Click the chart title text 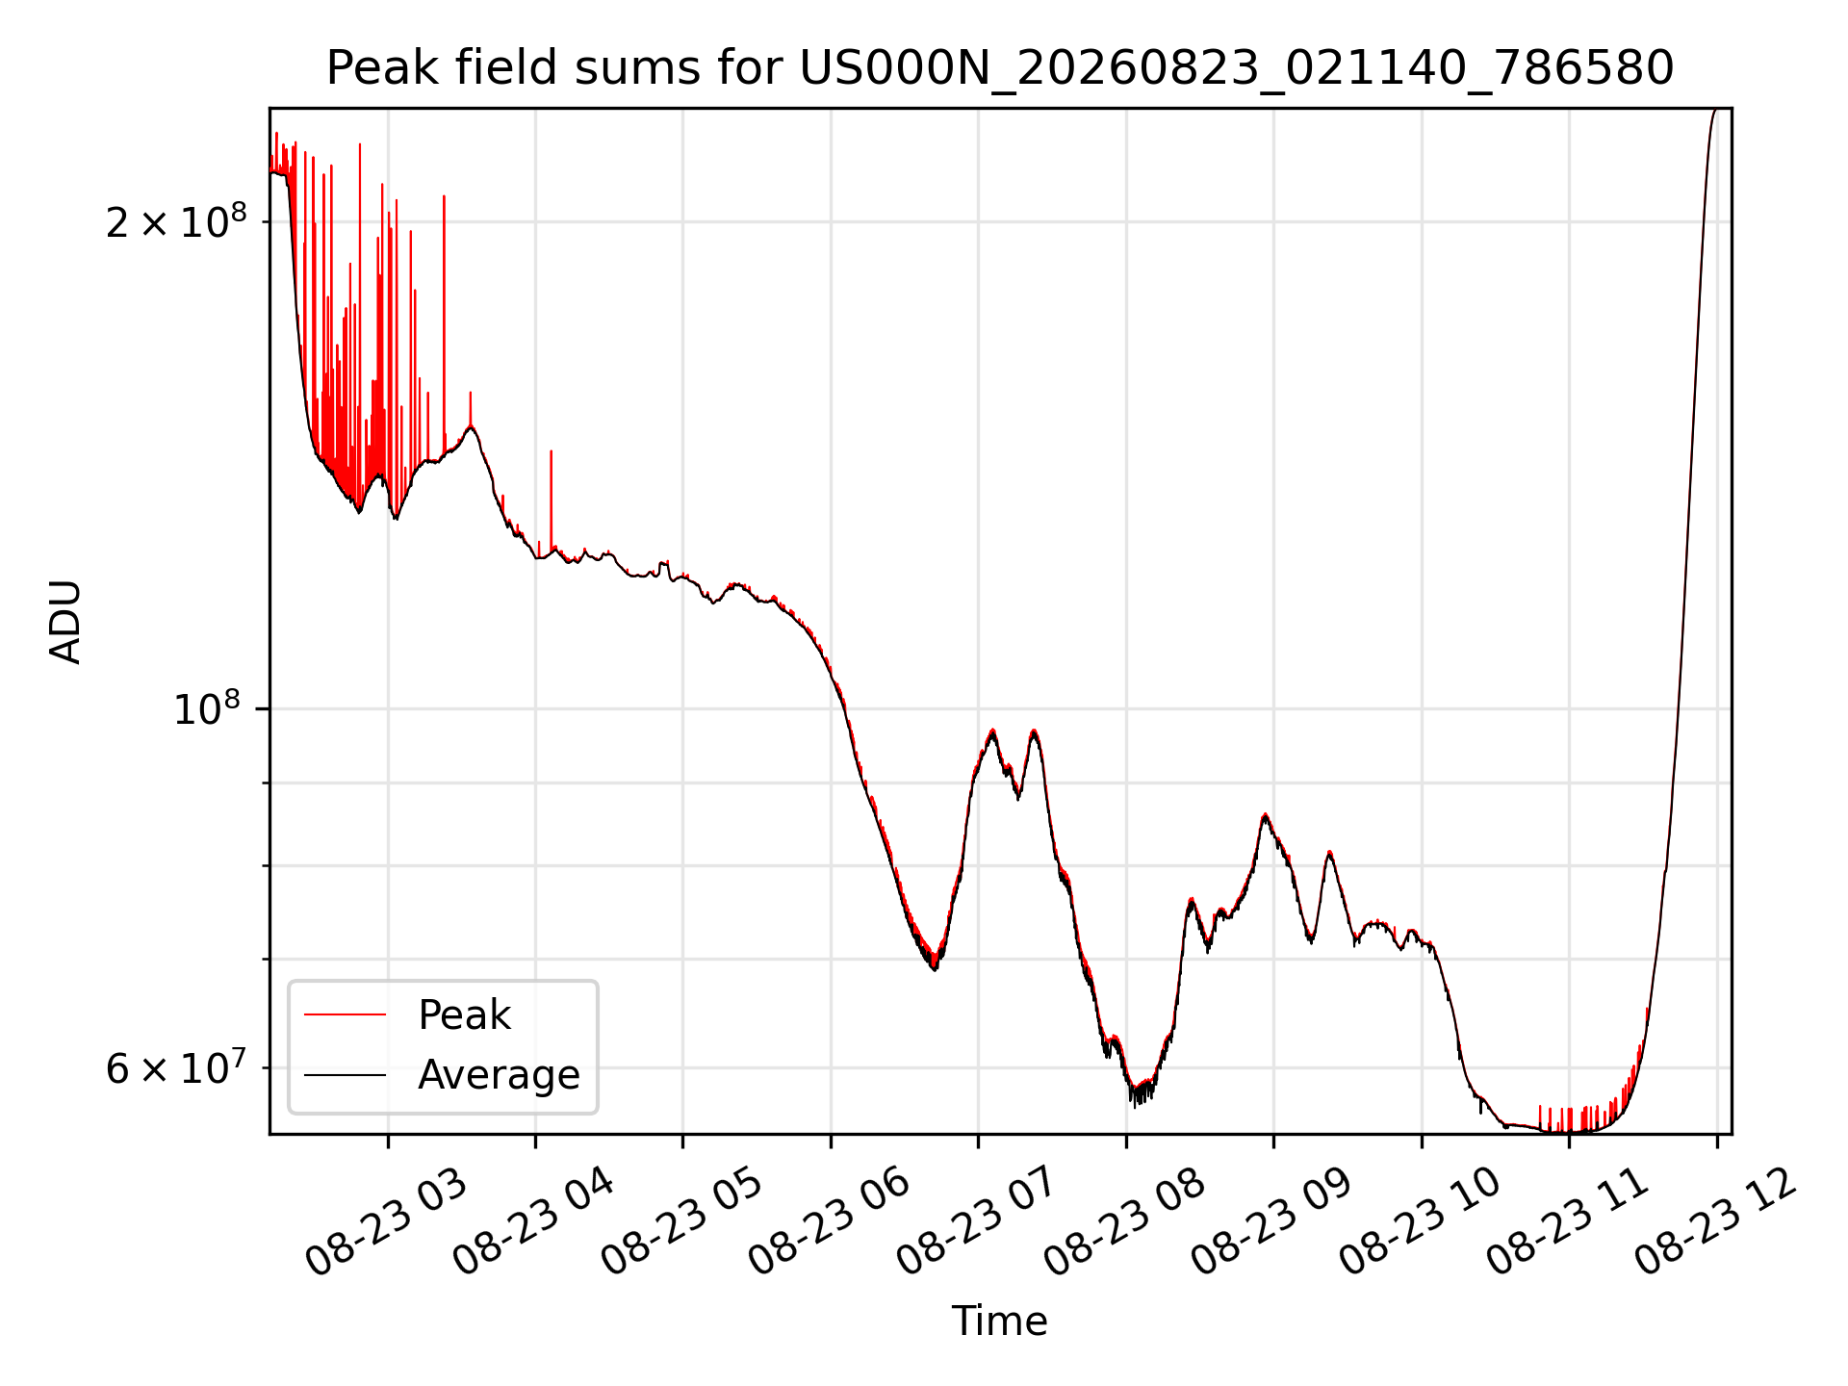coord(1000,68)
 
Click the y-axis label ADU coord(65,622)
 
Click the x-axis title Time coord(1000,1321)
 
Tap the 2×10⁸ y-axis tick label coord(176,222)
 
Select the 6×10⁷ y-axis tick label coord(176,1068)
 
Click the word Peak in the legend coord(464,1015)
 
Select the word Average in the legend coord(499,1075)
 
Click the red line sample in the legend coord(346,1014)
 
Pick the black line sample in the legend coord(346,1074)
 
